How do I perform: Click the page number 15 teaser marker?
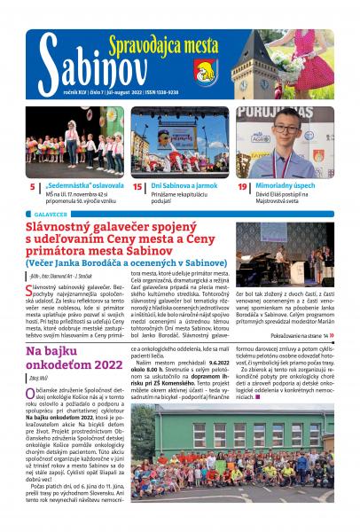pyautogui.click(x=137, y=188)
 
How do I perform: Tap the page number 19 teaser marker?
pyautogui.click(x=241, y=188)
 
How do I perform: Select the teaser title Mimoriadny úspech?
pyautogui.click(x=286, y=188)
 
